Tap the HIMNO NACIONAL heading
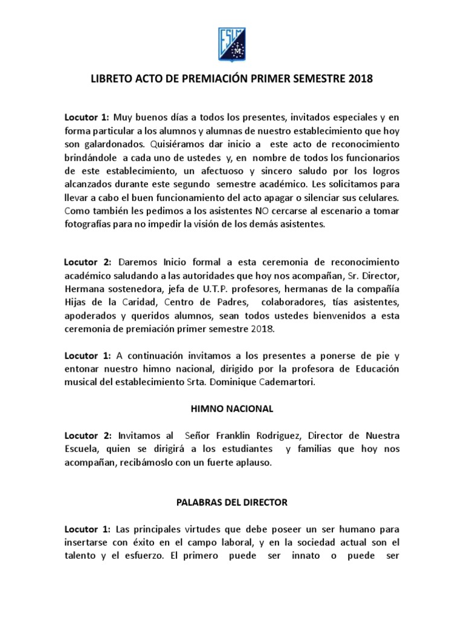(231, 409)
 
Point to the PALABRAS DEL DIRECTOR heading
(231, 502)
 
